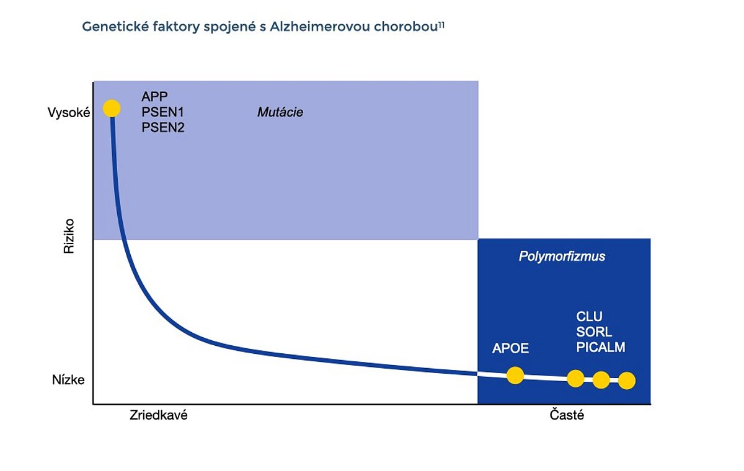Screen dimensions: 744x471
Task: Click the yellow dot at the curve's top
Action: (x=112, y=108)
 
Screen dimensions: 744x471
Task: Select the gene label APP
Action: (x=154, y=97)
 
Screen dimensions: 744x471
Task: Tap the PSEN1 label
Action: (x=162, y=112)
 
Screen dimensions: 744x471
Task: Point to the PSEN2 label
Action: (x=162, y=128)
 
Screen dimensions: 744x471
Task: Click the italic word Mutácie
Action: (x=280, y=112)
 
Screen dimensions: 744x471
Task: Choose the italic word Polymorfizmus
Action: (x=562, y=257)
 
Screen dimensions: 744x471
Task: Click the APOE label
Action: (x=510, y=348)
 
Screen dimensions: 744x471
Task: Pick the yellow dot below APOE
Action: (x=515, y=376)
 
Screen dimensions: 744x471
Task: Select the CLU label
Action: (x=589, y=317)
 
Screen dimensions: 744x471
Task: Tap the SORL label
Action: (x=594, y=332)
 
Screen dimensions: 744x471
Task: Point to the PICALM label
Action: (x=601, y=347)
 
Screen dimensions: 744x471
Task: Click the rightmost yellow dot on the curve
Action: (x=627, y=381)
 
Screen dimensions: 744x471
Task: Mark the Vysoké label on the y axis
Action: (x=69, y=113)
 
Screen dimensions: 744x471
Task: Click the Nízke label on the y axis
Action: (x=68, y=380)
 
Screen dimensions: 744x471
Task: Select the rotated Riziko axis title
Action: (x=69, y=236)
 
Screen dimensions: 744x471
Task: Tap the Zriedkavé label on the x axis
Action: (x=159, y=415)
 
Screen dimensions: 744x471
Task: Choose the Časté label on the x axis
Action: (x=567, y=415)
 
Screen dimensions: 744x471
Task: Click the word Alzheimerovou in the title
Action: (x=319, y=27)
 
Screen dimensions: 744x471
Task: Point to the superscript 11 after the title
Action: (x=441, y=25)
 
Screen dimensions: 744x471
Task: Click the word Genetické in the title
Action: (x=115, y=27)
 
